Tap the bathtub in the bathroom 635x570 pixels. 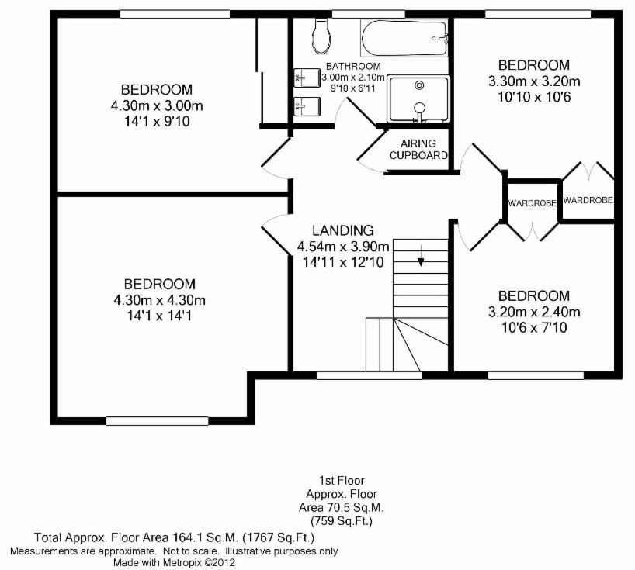[x=404, y=39]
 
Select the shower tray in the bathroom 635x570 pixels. [x=418, y=98]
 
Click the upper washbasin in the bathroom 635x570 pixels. [x=307, y=78]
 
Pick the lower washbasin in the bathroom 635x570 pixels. [x=307, y=107]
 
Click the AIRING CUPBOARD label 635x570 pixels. [x=418, y=149]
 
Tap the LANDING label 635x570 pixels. [x=343, y=230]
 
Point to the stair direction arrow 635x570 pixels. [x=422, y=256]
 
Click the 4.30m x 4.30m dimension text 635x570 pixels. [x=160, y=300]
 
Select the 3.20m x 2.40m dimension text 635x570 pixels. [x=534, y=312]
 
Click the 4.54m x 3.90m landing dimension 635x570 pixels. [x=343, y=246]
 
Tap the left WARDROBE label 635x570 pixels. [x=532, y=203]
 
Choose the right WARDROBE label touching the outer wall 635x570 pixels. [x=588, y=200]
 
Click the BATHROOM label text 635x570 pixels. [x=353, y=66]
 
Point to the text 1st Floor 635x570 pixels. [x=342, y=481]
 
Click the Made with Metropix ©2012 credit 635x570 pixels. [x=174, y=562]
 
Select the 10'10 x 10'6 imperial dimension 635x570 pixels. [x=534, y=97]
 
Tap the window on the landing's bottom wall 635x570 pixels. [x=370, y=376]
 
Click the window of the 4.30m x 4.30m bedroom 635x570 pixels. [x=157, y=421]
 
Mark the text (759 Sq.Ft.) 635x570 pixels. [x=342, y=520]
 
